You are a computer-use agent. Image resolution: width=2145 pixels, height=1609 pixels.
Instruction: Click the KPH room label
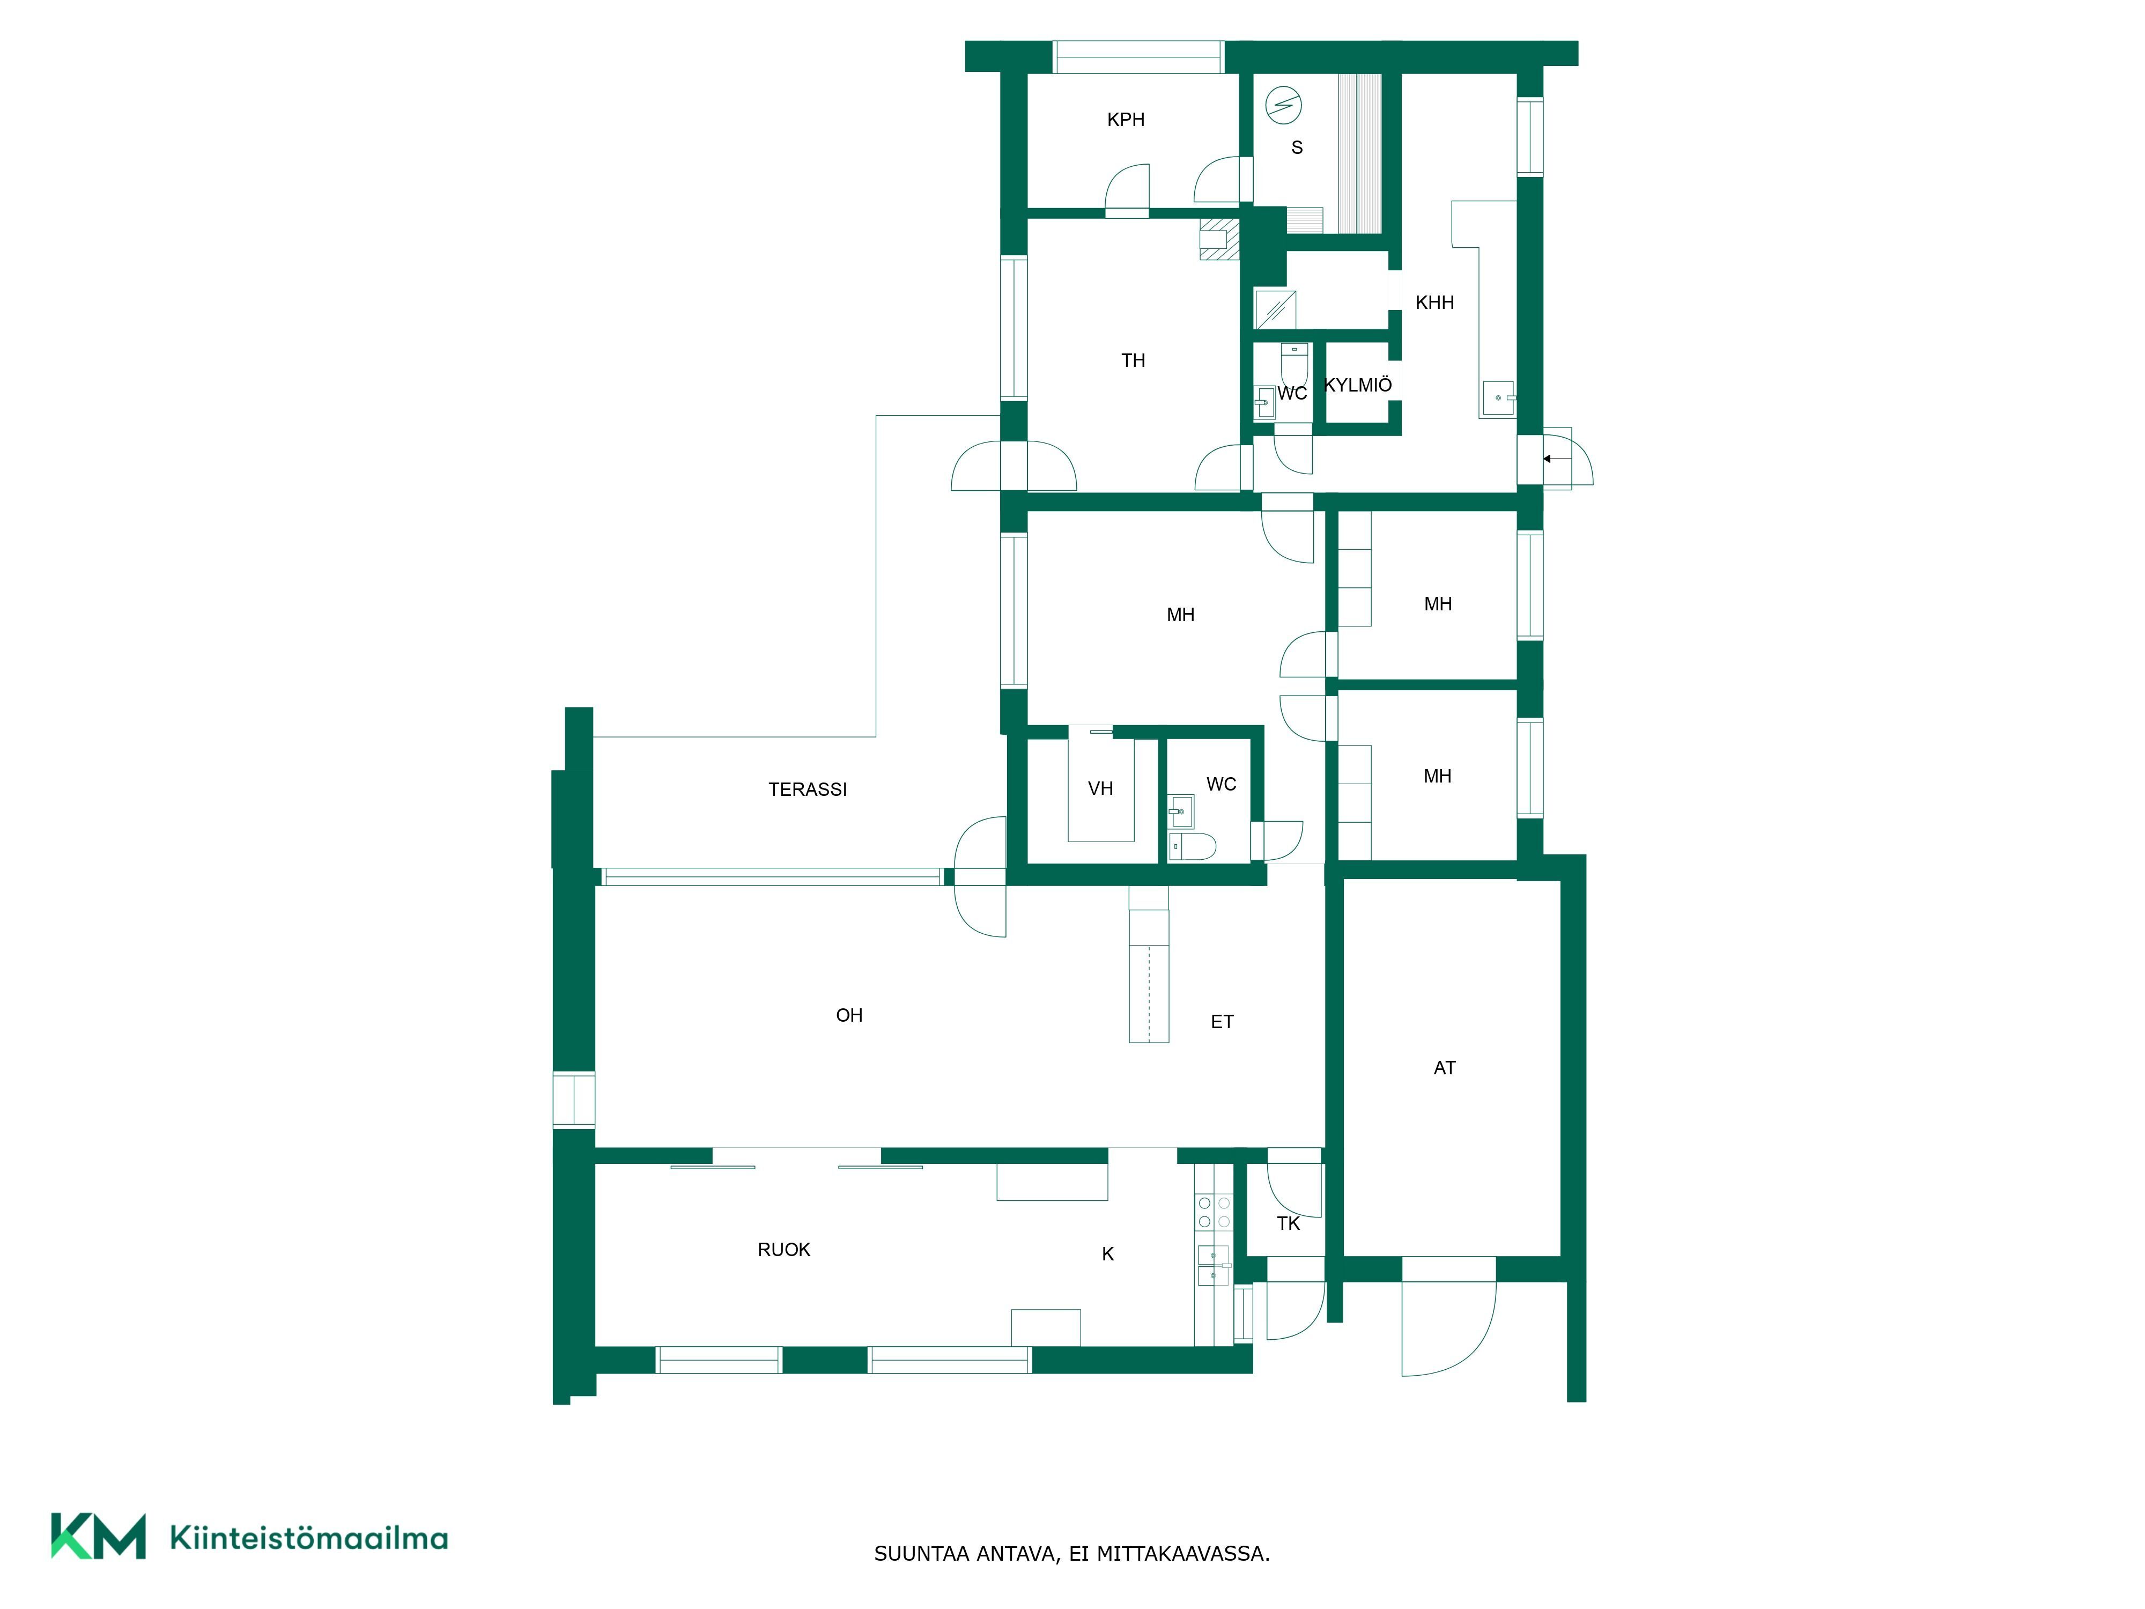(x=1126, y=119)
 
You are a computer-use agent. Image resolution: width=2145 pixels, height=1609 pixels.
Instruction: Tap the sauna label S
(x=1297, y=147)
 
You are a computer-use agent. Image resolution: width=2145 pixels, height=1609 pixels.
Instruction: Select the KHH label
(x=1434, y=302)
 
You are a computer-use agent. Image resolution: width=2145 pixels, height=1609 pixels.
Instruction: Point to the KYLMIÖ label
(x=1358, y=385)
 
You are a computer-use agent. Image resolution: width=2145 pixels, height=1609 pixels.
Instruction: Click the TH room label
(x=1133, y=361)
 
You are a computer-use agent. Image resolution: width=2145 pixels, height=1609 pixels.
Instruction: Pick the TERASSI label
(x=808, y=789)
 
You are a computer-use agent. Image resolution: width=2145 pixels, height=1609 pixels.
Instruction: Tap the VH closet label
(x=1100, y=788)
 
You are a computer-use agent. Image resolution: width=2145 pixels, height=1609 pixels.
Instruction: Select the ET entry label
(x=1222, y=1021)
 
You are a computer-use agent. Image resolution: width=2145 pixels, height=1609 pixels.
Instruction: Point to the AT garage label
(x=1444, y=1068)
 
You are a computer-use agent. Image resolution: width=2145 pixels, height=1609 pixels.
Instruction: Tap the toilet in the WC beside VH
(x=1192, y=846)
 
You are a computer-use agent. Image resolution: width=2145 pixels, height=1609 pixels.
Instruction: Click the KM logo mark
(x=98, y=1536)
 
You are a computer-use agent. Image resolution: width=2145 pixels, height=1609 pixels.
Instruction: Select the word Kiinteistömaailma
(x=308, y=1537)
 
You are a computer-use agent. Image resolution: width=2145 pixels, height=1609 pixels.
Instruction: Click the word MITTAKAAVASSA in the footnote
(x=1183, y=1554)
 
